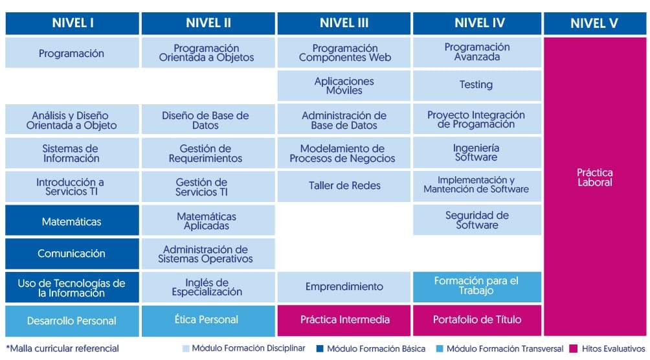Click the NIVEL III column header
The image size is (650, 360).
click(x=344, y=23)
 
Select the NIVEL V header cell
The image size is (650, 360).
click(x=594, y=24)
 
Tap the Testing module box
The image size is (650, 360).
click(x=476, y=85)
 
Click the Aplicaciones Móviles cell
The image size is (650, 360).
click(x=344, y=85)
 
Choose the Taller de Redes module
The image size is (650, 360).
click(x=344, y=186)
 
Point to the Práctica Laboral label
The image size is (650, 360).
click(x=594, y=177)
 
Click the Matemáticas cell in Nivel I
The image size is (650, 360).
click(x=72, y=221)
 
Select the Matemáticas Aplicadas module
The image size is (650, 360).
click(x=207, y=221)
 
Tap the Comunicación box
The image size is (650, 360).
click(x=72, y=254)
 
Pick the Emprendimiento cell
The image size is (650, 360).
click(x=344, y=287)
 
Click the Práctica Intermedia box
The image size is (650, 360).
click(x=344, y=320)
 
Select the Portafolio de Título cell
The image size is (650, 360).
click(x=476, y=320)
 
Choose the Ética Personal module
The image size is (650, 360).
click(x=207, y=320)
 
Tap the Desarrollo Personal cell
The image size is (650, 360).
click(x=72, y=321)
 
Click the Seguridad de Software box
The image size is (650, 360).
click(x=476, y=220)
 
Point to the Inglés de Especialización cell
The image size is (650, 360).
click(x=207, y=287)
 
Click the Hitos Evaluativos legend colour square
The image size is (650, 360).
click(x=573, y=349)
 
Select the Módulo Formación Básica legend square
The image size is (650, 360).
click(x=319, y=349)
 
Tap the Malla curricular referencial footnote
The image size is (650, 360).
click(x=62, y=348)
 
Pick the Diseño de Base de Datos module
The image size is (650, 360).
click(x=207, y=120)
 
